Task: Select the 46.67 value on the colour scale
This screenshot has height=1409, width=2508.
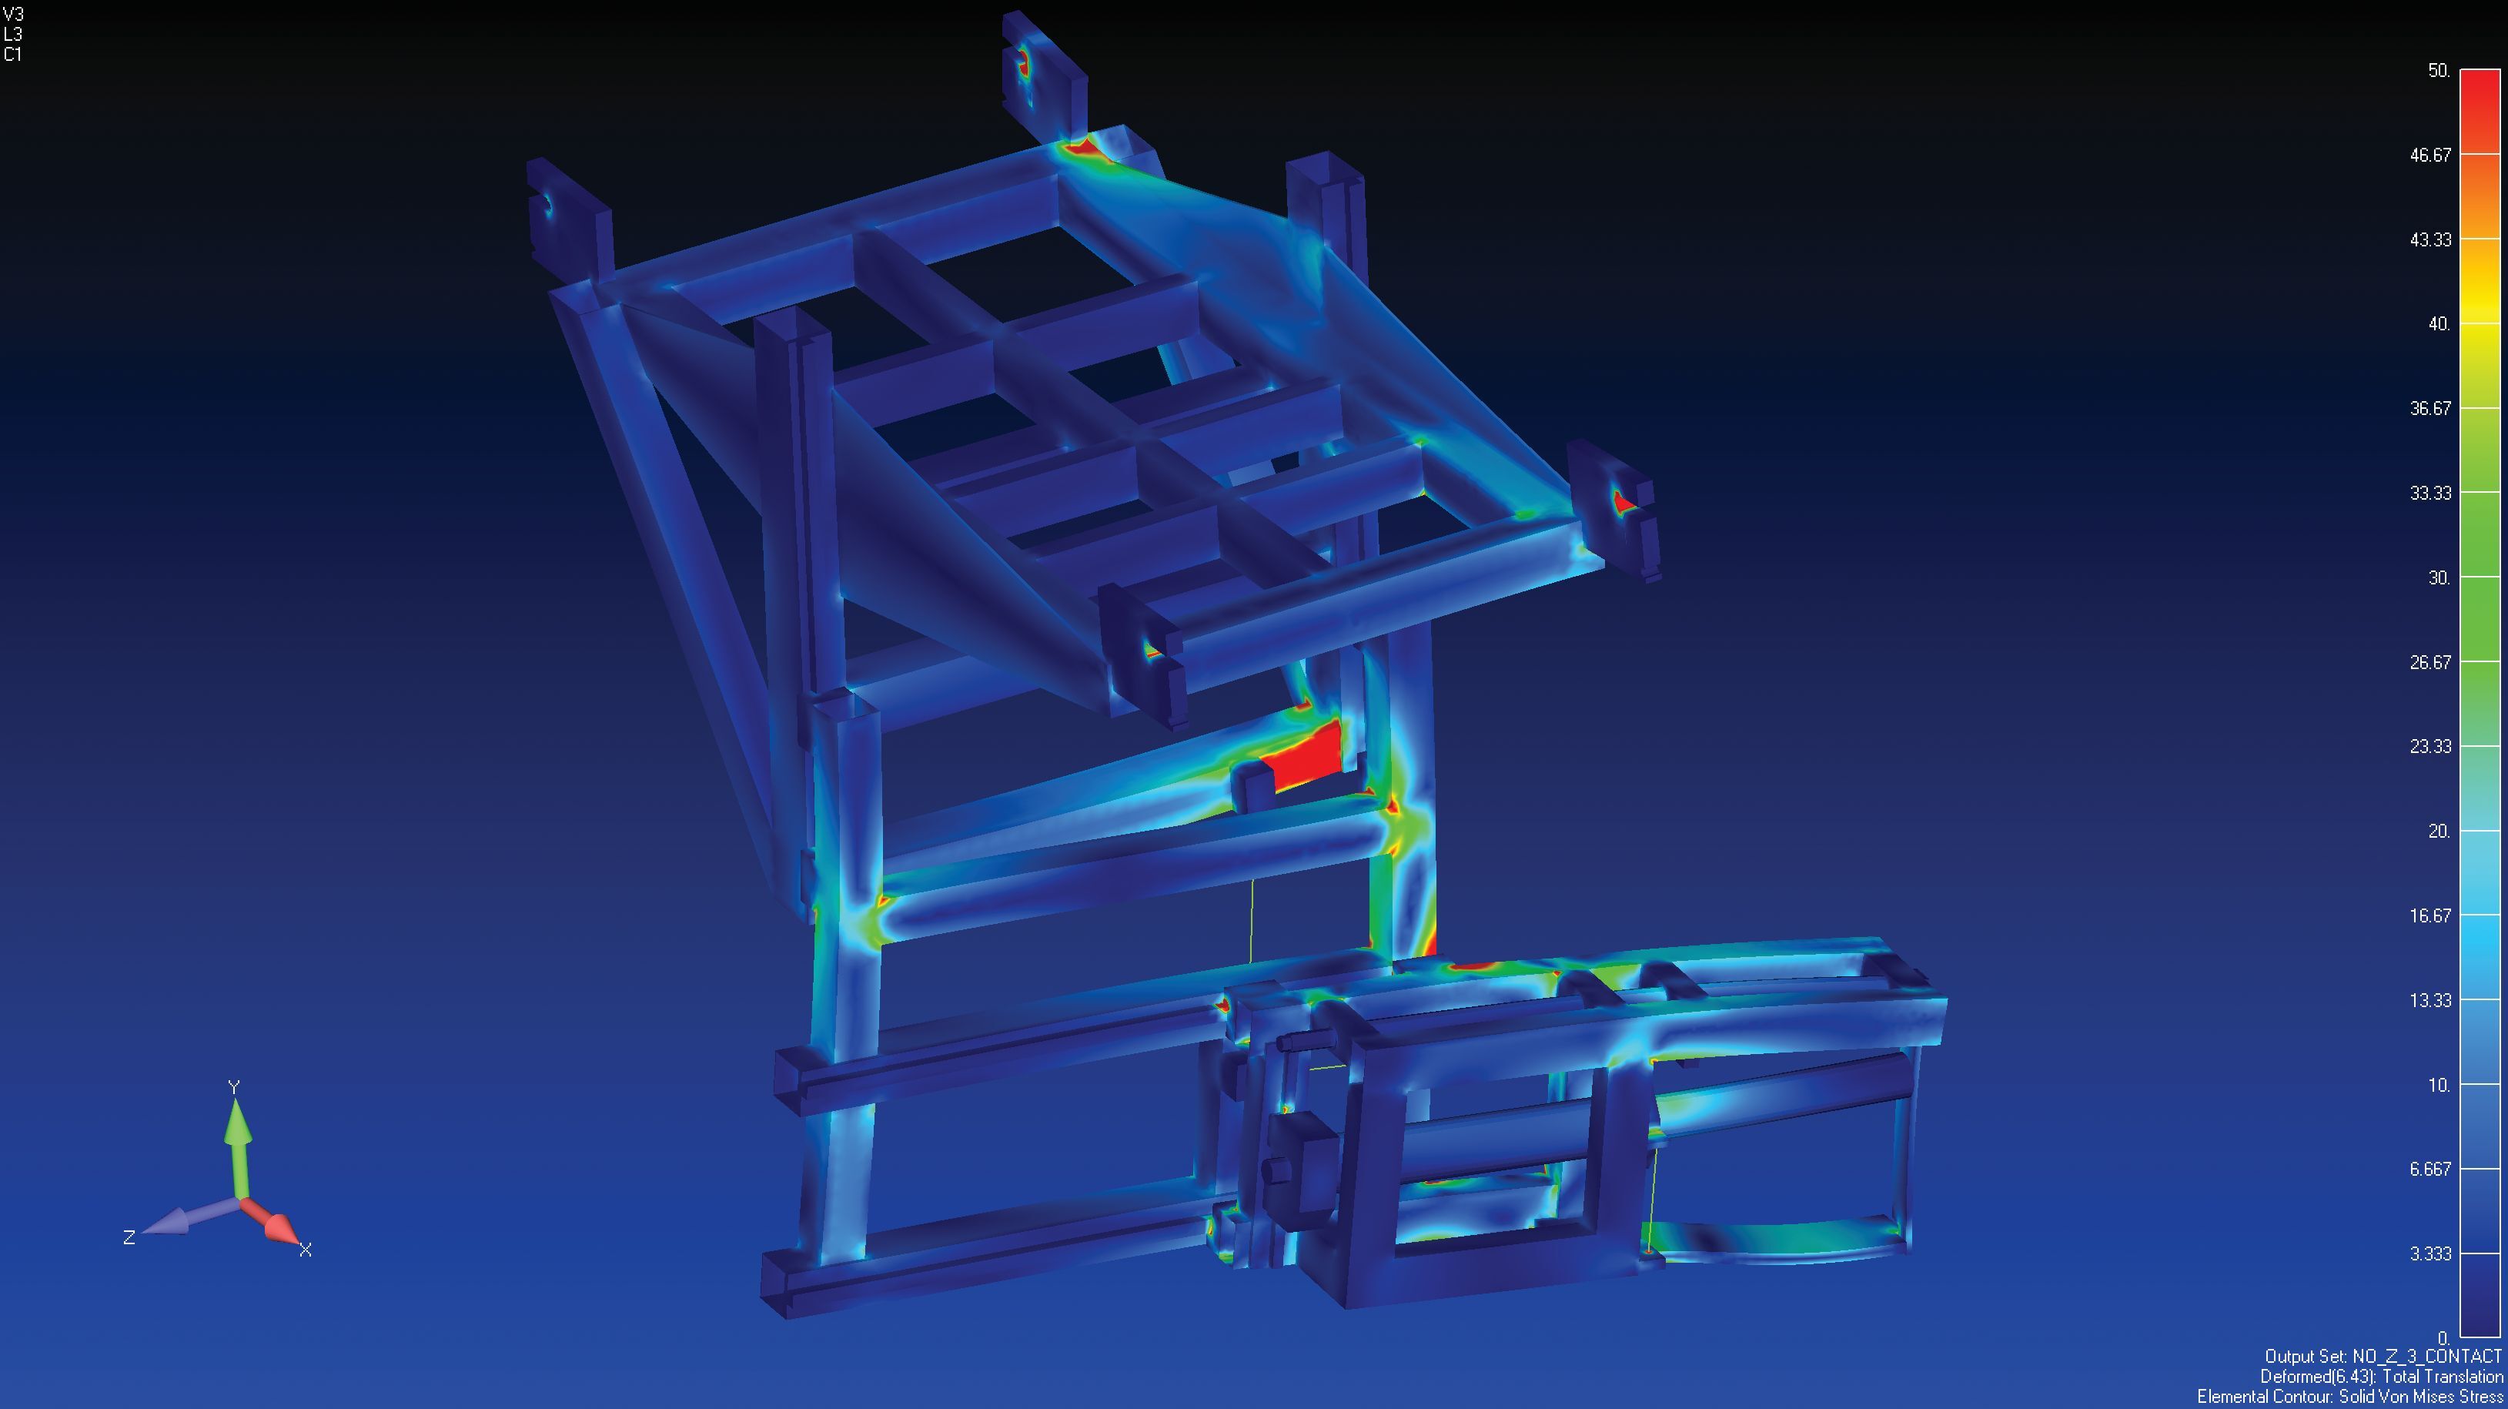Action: tap(2429, 155)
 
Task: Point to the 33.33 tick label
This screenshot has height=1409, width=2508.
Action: tap(2429, 493)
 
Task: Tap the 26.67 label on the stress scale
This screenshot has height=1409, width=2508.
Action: tap(2429, 662)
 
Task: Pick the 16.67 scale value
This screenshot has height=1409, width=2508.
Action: tap(2429, 915)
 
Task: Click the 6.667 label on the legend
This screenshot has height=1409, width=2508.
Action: tap(2429, 1169)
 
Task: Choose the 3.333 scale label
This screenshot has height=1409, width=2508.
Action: tap(2429, 1253)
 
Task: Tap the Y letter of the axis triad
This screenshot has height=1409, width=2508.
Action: tap(234, 1086)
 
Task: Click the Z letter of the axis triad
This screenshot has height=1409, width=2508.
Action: tap(129, 1237)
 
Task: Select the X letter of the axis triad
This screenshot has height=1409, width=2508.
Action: tap(305, 1250)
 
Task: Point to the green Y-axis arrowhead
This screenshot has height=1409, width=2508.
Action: tap(236, 1123)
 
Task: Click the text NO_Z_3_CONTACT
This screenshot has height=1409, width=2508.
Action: tap(2426, 1357)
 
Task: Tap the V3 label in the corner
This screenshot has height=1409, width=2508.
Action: tap(14, 14)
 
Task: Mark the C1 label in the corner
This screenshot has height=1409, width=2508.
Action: tap(12, 55)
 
